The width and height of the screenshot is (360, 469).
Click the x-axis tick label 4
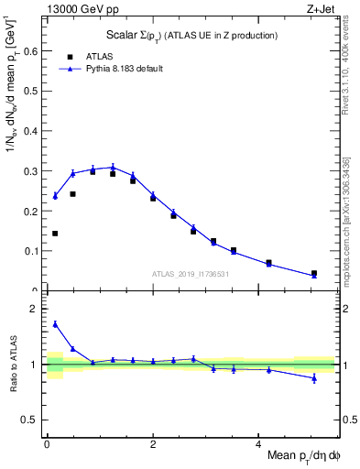click(258, 442)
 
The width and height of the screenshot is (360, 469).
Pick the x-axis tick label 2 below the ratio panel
click(153, 442)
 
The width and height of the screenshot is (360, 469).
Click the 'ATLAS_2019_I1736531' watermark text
click(191, 274)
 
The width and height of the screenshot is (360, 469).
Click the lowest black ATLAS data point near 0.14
click(55, 234)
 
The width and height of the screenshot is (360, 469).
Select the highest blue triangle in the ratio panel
click(55, 324)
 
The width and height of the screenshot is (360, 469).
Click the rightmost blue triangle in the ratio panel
click(314, 378)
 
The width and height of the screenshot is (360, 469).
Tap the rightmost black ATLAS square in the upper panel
click(314, 273)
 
